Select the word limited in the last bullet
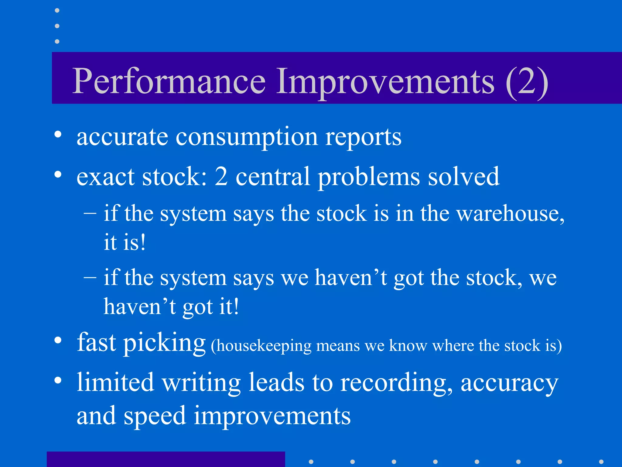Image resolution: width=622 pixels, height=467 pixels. click(x=115, y=382)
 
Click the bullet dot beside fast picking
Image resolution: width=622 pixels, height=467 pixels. click(x=58, y=341)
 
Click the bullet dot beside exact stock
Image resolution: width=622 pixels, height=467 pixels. click(x=58, y=175)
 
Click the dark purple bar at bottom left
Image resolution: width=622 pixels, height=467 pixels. click(x=166, y=459)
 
